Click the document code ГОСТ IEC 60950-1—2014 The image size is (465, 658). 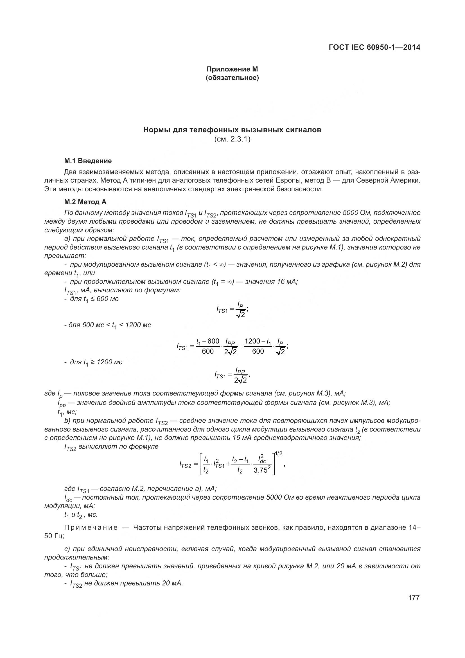pos(374,47)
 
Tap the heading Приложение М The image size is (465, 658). pos(232,69)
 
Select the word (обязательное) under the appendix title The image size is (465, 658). pos(232,78)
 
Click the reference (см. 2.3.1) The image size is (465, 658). pos(232,139)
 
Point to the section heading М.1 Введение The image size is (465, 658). pos(88,161)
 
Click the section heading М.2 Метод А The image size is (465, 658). pos(85,202)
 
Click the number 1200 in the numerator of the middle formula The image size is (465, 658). pos(252,341)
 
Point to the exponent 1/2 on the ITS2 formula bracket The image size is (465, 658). pos(278,453)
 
